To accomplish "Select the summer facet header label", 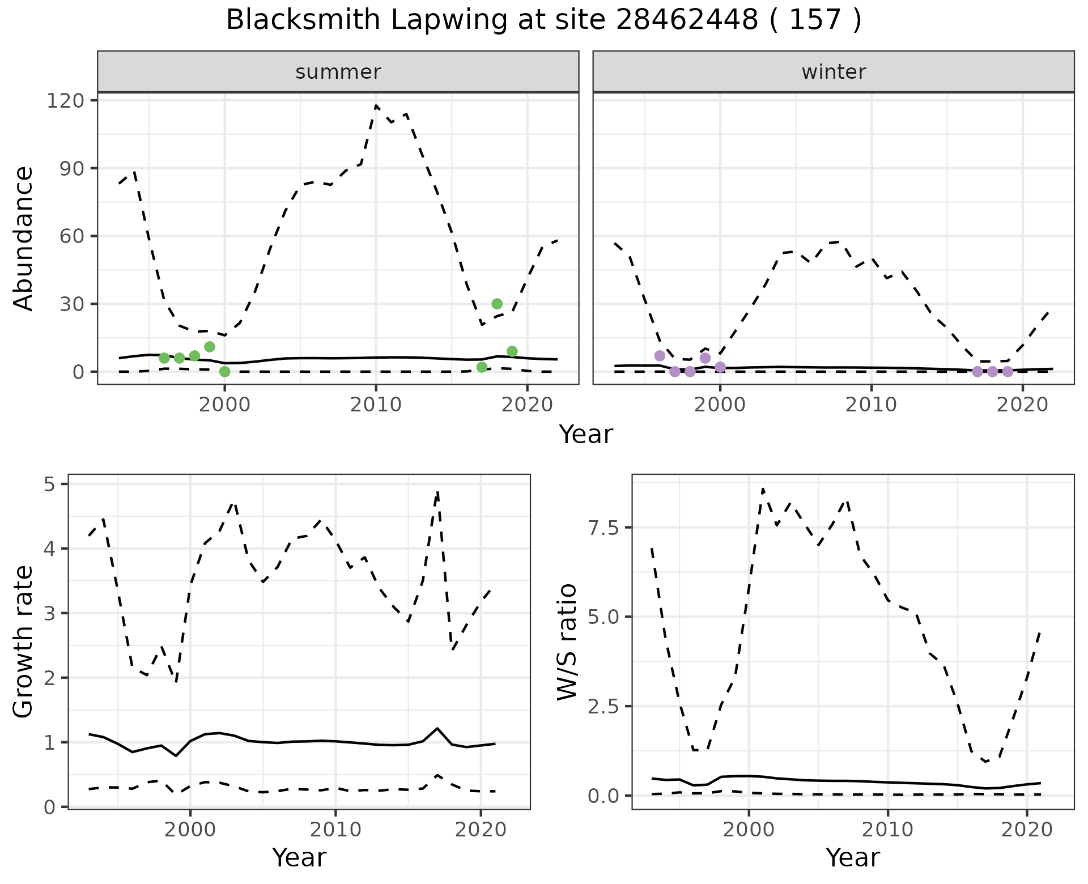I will tap(338, 72).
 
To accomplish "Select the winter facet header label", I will tap(834, 72).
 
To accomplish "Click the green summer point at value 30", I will tap(497, 304).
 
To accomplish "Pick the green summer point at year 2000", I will tap(224, 372).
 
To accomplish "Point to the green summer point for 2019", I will tap(512, 351).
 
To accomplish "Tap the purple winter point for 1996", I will tap(660, 356).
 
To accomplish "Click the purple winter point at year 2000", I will tap(720, 367).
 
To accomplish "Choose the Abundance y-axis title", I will tap(24, 238).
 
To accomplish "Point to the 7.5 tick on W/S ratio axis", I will tap(604, 528).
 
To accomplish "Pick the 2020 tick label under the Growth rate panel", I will tap(481, 830).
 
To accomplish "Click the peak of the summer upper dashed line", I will tap(376, 105).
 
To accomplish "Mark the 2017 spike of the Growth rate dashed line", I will tap(437, 492).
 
